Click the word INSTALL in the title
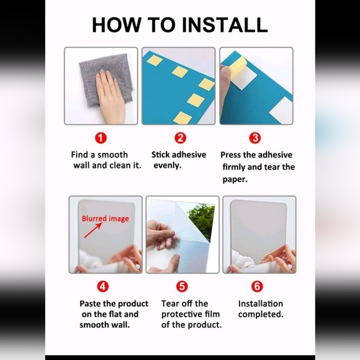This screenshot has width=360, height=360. pyautogui.click(x=225, y=25)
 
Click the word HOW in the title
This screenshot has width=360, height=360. pyautogui.click(x=117, y=25)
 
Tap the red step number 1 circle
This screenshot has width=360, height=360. pyautogui.click(x=101, y=138)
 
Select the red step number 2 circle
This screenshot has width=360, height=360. pyautogui.click(x=181, y=138)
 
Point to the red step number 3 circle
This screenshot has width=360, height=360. pyautogui.click(x=255, y=138)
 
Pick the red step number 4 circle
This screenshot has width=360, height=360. pyautogui.click(x=102, y=286)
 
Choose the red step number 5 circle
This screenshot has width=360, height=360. pyautogui.click(x=182, y=286)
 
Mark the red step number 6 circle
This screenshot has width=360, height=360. pyautogui.click(x=257, y=286)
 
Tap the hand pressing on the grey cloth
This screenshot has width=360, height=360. pyautogui.click(x=110, y=96)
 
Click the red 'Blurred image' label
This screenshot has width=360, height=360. pyautogui.click(x=106, y=218)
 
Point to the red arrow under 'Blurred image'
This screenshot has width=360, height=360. pyautogui.click(x=93, y=230)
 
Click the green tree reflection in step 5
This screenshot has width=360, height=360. pyautogui.click(x=202, y=221)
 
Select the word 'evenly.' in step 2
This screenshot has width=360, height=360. pyautogui.click(x=168, y=165)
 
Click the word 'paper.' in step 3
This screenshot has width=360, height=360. pyautogui.click(x=235, y=179)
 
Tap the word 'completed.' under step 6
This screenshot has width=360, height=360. pyautogui.click(x=261, y=314)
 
